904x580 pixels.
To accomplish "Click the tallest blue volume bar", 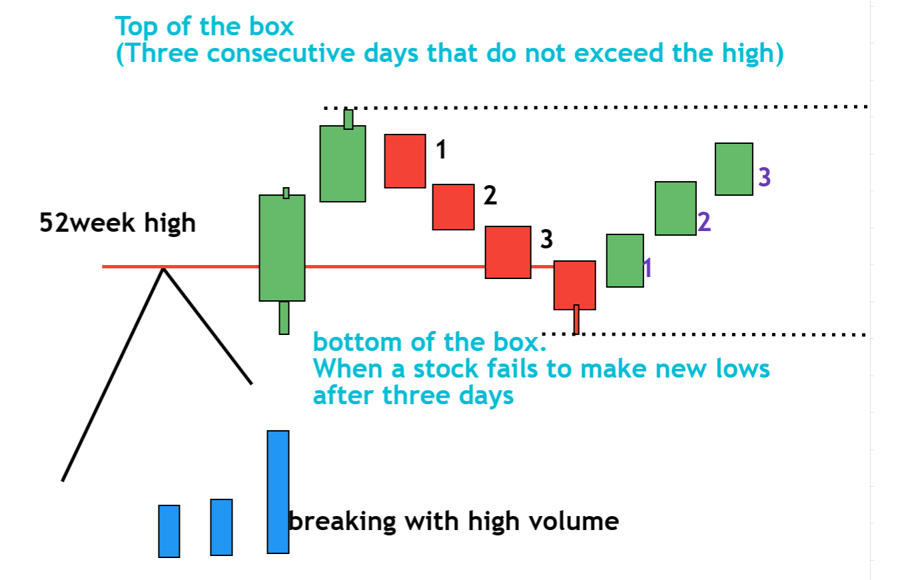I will coord(278,491).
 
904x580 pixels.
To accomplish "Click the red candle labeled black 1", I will coord(404,160).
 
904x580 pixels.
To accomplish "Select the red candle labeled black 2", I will coord(453,206).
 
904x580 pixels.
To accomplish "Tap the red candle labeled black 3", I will coord(508,252).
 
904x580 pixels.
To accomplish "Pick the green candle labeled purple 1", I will coord(625,260).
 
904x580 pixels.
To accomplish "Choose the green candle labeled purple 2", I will coord(676,208).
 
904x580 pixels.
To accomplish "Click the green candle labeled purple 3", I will coord(734,168).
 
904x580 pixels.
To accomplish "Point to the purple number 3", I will coord(764,177).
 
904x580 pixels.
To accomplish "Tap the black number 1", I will coord(440,150).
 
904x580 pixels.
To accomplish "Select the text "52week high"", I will coord(118,222).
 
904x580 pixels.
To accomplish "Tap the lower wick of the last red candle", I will coord(576,320).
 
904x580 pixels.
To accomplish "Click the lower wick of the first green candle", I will coord(284,318).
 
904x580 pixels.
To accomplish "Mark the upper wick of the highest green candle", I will coord(348,119).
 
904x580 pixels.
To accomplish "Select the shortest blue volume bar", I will coord(169,531).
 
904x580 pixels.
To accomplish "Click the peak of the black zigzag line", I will coord(163,268).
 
